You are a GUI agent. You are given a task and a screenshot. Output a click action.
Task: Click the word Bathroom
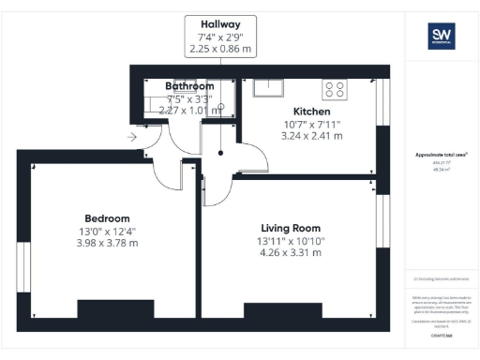(x=190, y=86)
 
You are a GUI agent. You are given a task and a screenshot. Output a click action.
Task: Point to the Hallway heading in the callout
(x=222, y=23)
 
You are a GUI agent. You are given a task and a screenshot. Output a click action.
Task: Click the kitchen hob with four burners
(x=335, y=89)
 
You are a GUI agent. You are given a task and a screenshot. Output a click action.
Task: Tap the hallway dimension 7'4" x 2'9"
(x=222, y=37)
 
